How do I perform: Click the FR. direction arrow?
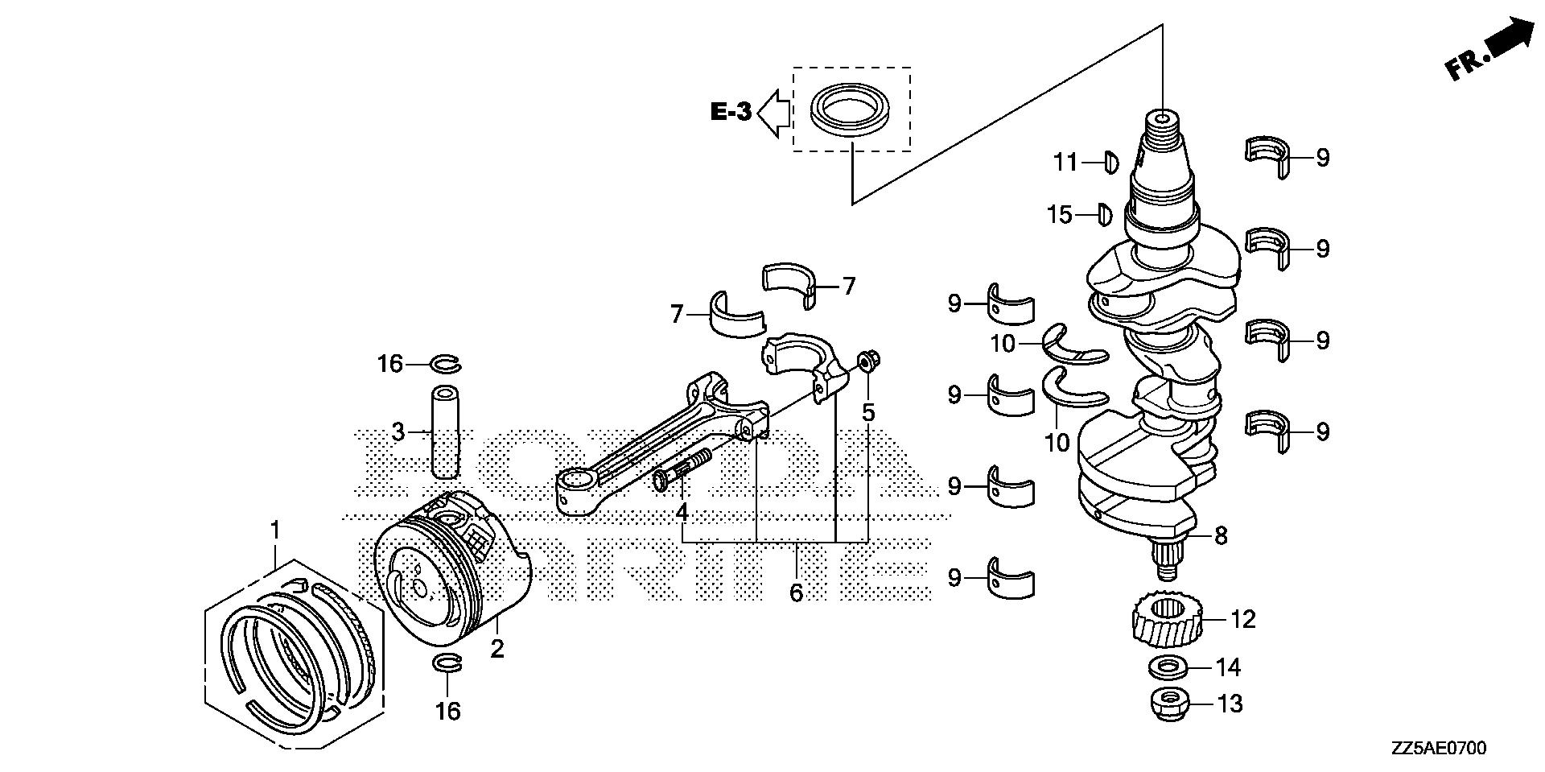(1488, 50)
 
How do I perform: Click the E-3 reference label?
(731, 112)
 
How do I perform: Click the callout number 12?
(1242, 620)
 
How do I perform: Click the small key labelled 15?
(1104, 214)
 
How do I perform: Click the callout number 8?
(1221, 535)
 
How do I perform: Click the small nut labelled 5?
(867, 362)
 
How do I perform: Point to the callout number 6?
(796, 593)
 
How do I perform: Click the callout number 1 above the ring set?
(275, 530)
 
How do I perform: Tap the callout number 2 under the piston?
(497, 649)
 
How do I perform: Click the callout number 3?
(398, 432)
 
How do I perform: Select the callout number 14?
(1229, 667)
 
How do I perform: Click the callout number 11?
(1065, 163)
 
